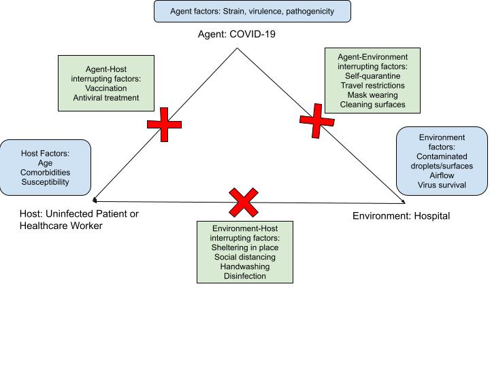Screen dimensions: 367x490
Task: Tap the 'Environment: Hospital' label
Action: coord(401,215)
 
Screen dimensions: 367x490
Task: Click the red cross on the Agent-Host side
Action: coord(165,124)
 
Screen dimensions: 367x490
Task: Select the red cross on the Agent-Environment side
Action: coord(317,120)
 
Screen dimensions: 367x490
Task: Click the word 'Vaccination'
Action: coord(105,87)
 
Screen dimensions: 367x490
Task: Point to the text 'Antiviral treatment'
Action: coord(105,98)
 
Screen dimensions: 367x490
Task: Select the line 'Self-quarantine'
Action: coord(372,76)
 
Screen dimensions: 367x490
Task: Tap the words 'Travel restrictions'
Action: coord(372,86)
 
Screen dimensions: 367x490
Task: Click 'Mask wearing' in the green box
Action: coord(372,95)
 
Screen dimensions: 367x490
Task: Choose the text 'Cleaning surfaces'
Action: coord(372,105)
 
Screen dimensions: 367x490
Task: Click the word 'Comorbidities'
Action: coord(46,173)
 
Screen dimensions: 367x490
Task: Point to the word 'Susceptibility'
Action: coord(46,183)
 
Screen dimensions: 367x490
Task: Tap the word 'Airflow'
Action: coord(442,175)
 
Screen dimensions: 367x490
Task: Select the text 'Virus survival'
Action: coord(442,184)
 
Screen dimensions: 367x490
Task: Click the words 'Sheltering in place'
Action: coord(245,248)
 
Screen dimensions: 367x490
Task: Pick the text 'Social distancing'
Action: coord(245,258)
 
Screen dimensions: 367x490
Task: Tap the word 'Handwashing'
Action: coord(245,267)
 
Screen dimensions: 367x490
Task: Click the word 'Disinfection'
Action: coord(245,277)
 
